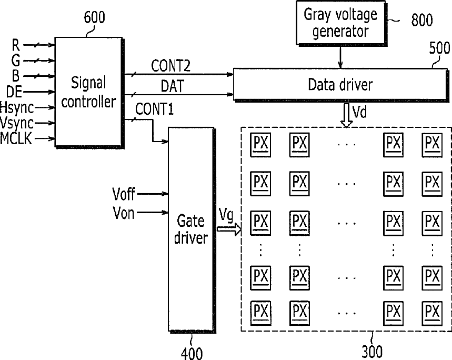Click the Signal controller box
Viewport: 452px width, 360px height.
click(x=89, y=92)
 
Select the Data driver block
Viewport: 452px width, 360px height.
click(x=340, y=85)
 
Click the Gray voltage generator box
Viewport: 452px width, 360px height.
click(x=341, y=23)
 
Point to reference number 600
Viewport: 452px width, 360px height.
click(x=94, y=17)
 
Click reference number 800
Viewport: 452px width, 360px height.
click(x=421, y=20)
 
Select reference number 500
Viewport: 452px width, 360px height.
click(x=439, y=48)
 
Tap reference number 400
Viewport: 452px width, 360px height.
click(x=192, y=353)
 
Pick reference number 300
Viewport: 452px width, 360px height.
click(x=372, y=352)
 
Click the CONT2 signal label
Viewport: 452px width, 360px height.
click(x=170, y=66)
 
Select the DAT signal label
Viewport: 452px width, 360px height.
click(x=172, y=86)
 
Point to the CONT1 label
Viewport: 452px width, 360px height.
click(x=155, y=109)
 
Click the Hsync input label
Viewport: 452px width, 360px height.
click(x=17, y=108)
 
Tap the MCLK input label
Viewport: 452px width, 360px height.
click(x=16, y=138)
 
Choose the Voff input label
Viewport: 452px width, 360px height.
click(x=123, y=194)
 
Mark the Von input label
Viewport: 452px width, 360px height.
click(x=124, y=213)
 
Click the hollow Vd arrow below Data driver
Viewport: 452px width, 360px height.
click(x=346, y=115)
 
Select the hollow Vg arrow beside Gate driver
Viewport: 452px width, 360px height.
click(x=229, y=229)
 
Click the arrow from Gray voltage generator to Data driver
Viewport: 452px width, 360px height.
click(x=340, y=57)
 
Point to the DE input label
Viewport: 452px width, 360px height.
click(x=14, y=92)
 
